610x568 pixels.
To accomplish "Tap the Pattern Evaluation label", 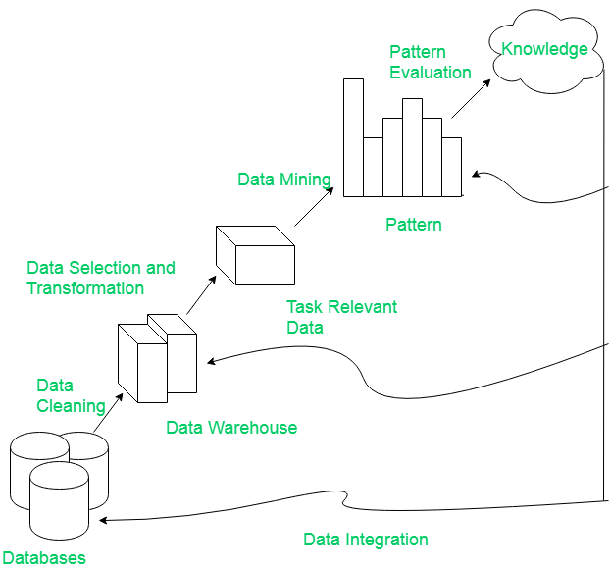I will [430, 62].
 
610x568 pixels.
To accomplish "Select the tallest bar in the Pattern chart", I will [353, 137].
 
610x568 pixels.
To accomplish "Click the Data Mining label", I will [284, 180].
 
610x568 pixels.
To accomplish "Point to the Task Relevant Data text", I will [341, 317].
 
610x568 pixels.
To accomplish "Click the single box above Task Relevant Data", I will [255, 254].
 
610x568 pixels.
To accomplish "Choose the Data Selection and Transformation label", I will [101, 278].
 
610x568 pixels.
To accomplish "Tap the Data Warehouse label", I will [231, 428].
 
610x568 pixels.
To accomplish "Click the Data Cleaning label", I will [71, 396].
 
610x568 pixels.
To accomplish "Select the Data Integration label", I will [366, 540].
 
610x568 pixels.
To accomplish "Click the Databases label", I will [43, 558].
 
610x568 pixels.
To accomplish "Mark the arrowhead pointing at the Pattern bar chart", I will [475, 175].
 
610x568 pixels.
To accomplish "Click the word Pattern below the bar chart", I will [414, 225].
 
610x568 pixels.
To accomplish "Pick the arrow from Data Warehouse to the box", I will [199, 296].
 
